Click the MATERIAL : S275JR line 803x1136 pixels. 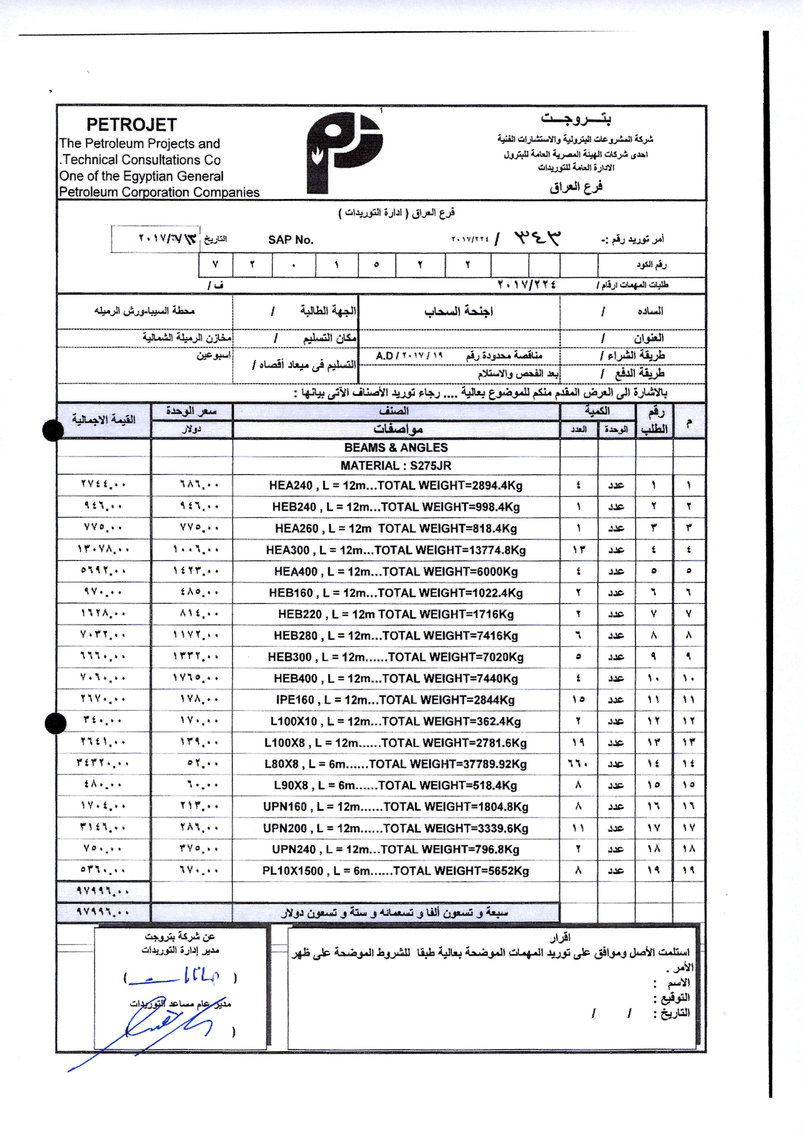396,466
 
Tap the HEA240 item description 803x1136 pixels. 396,485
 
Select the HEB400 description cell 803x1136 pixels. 396,678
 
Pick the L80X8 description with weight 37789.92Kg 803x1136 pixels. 396,764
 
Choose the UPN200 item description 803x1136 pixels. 396,828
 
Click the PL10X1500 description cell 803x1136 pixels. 396,871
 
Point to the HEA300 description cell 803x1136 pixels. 396,550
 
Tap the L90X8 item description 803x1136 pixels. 396,785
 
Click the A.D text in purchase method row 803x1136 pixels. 384,356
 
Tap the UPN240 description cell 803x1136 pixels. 396,849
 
